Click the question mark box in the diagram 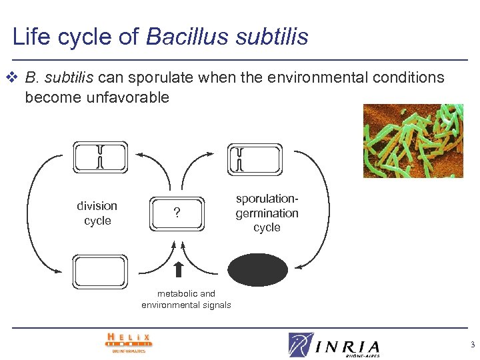(x=176, y=213)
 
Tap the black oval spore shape (x=258, y=270)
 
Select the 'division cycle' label (x=97, y=213)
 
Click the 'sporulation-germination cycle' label (x=267, y=213)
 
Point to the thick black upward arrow (x=178, y=270)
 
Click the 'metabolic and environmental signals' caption (x=186, y=299)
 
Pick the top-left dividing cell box (x=100, y=157)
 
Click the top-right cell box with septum (x=255, y=159)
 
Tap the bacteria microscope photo (x=413, y=141)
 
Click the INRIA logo (x=334, y=345)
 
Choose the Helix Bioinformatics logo (x=129, y=342)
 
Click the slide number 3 (x=471, y=345)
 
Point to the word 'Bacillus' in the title (x=177, y=37)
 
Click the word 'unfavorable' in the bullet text (x=127, y=97)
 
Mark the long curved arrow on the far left (x=30, y=213)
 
